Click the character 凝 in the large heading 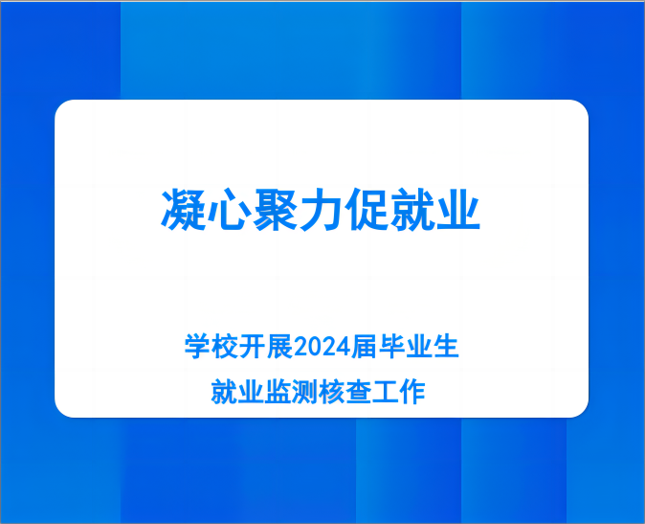tap(184, 209)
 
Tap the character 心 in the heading tap(229, 209)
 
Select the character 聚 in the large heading tap(275, 209)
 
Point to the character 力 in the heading tap(321, 209)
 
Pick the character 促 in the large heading tap(367, 209)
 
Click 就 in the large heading tap(412, 209)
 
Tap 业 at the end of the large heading tap(457, 209)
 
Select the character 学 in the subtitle tap(197, 347)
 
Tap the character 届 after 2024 tap(365, 347)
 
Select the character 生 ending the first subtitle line tap(446, 347)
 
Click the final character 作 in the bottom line tap(412, 392)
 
